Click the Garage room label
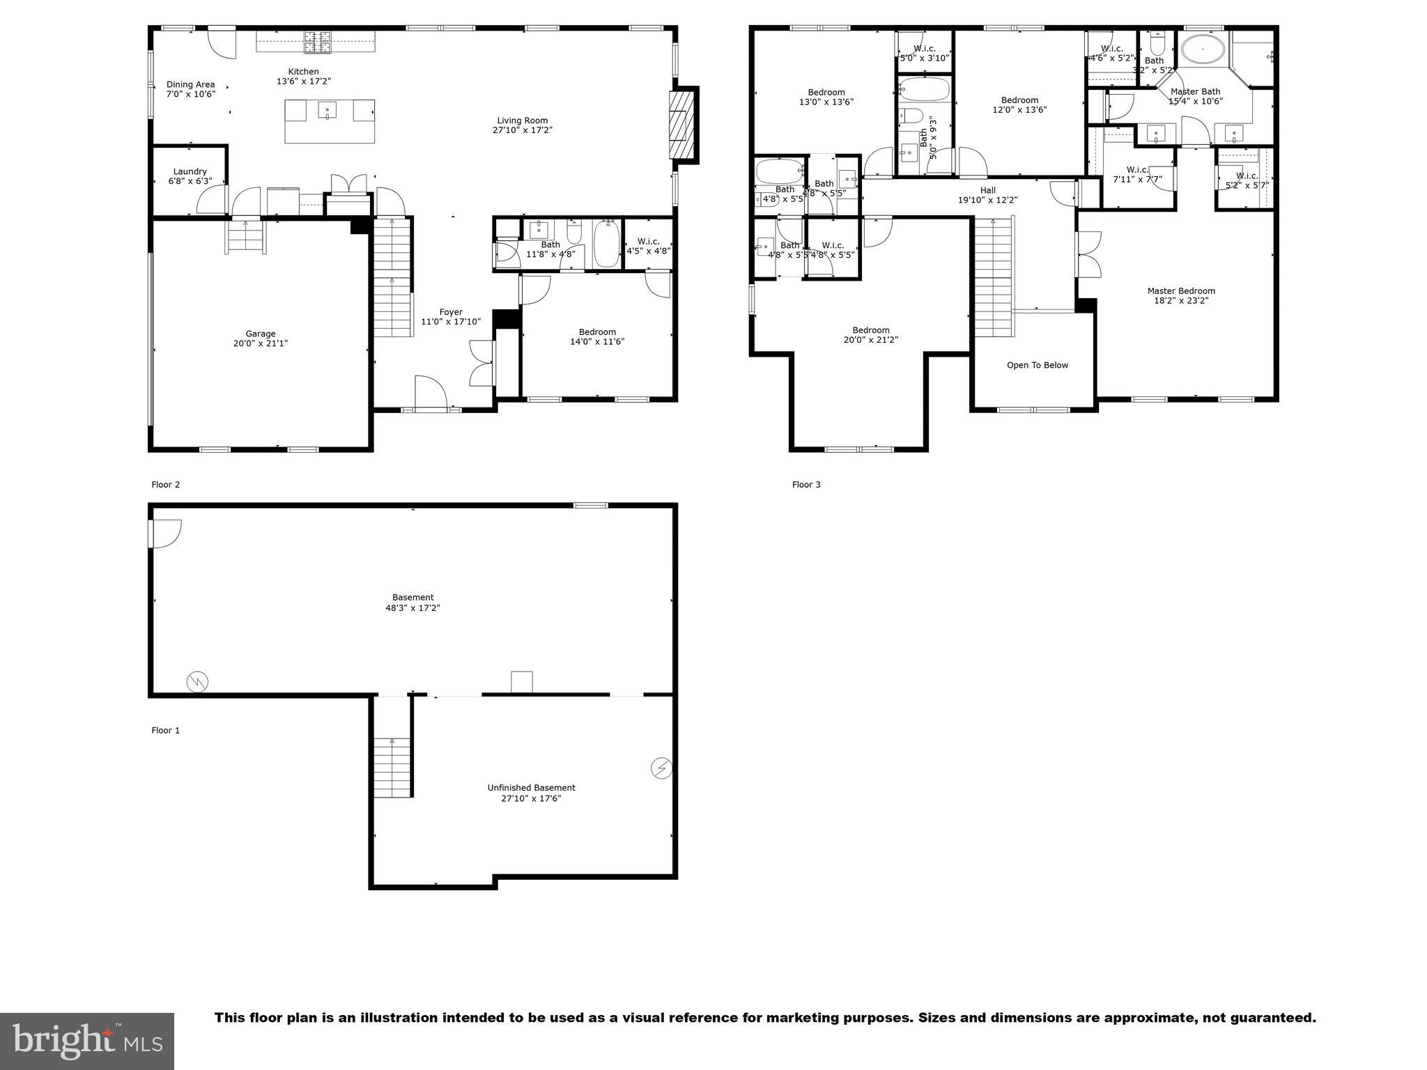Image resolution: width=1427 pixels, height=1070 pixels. (x=260, y=334)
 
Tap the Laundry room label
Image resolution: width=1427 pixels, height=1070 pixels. (x=190, y=171)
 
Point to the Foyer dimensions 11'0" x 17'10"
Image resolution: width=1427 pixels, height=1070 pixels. (x=451, y=322)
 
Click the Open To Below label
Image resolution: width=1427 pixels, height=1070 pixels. (x=1037, y=365)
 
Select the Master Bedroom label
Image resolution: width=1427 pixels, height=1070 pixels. (x=1181, y=291)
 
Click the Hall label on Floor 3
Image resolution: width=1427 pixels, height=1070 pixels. (x=987, y=190)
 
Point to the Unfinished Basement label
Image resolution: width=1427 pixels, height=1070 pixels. (x=531, y=788)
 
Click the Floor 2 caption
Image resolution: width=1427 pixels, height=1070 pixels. (x=166, y=485)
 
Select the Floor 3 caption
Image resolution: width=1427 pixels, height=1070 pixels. (x=806, y=485)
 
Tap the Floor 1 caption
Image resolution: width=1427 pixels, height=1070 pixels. (x=166, y=731)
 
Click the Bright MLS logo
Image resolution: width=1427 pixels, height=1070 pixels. (x=87, y=1041)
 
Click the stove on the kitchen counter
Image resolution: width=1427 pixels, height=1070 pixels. (x=317, y=42)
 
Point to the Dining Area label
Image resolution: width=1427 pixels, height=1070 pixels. (x=190, y=84)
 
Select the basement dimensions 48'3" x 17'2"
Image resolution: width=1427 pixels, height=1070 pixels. (x=412, y=608)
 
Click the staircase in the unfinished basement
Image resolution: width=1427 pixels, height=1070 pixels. (x=393, y=766)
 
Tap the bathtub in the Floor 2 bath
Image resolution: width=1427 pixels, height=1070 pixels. (x=606, y=243)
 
